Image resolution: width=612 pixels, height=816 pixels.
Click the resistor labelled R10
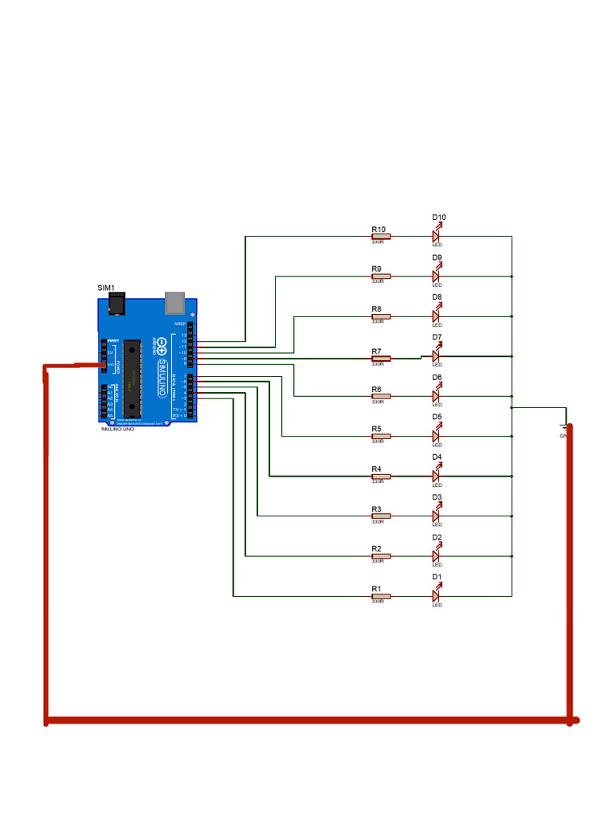(380, 236)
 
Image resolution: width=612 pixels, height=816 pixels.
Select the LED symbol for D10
(437, 236)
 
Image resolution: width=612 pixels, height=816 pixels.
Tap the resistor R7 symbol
(380, 359)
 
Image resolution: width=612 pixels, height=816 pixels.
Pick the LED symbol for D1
(437, 595)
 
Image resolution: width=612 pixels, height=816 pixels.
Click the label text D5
(437, 417)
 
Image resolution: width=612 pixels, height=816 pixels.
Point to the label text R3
(376, 508)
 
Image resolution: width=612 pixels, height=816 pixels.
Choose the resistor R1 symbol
(380, 595)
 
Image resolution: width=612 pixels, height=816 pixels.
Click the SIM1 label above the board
(106, 288)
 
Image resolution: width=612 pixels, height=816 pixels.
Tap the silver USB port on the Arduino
(175, 302)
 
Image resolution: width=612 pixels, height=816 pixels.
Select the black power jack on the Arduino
(116, 304)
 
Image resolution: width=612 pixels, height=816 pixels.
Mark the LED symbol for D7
(437, 356)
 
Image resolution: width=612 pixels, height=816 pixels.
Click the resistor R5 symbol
(380, 436)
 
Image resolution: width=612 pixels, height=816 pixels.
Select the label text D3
(437, 497)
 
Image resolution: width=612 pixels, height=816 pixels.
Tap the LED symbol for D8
(437, 316)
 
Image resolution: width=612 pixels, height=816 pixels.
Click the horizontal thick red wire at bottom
(311, 720)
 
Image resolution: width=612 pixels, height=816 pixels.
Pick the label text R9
(376, 269)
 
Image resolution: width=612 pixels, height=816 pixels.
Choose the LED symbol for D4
(437, 476)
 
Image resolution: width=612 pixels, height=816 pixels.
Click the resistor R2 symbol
(380, 555)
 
